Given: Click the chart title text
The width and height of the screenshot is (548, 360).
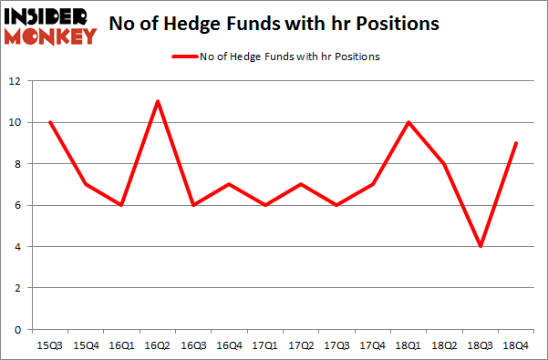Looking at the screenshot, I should tap(274, 25).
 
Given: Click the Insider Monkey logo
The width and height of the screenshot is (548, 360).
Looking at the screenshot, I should tap(50, 26).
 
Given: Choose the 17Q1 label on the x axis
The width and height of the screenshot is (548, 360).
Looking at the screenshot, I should tap(263, 346).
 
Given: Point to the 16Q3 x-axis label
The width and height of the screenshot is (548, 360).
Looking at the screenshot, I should tap(191, 346).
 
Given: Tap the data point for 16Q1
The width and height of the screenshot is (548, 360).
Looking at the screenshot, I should tap(120, 205).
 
